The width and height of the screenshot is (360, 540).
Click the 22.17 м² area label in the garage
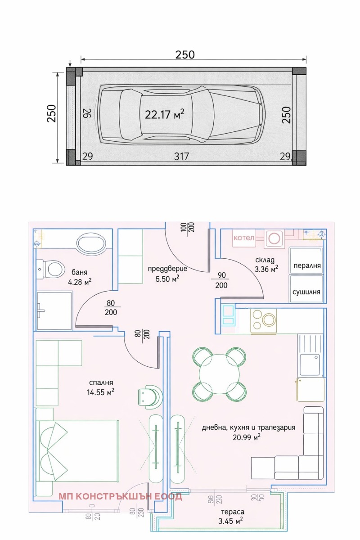coord(164,114)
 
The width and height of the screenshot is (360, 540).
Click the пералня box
coord(306,265)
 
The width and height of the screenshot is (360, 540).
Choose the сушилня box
coord(306,291)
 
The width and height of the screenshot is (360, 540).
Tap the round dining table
coord(220,374)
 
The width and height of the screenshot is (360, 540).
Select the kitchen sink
coord(310,363)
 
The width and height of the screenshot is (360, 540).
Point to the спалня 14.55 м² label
coord(100,387)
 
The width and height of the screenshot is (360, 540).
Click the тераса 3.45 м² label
coord(232,517)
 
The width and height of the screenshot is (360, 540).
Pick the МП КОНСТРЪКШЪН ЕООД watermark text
coord(120,496)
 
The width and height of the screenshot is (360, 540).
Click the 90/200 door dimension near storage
coord(221,281)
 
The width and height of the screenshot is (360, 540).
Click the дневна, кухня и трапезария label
coord(248,432)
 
